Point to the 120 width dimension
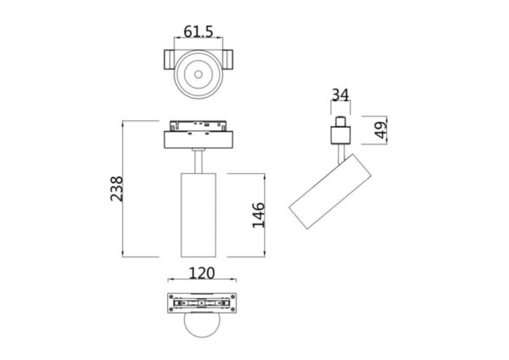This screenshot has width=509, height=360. (201, 273)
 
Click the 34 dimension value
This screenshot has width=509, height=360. (340, 95)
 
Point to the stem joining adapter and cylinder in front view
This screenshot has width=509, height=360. (199, 161)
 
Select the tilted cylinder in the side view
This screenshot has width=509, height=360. (331, 193)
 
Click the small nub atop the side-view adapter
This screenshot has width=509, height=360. (340, 121)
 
